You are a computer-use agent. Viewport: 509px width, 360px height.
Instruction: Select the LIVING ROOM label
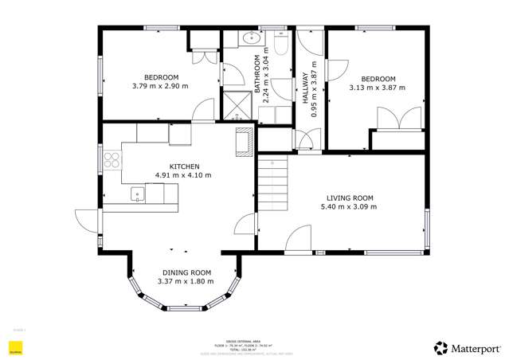pos(350,198)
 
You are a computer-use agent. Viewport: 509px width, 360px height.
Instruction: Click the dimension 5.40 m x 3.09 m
pos(350,207)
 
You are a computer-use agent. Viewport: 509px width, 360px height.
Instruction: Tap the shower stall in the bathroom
pos(237,107)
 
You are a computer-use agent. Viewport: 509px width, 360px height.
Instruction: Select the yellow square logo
pos(14,348)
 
